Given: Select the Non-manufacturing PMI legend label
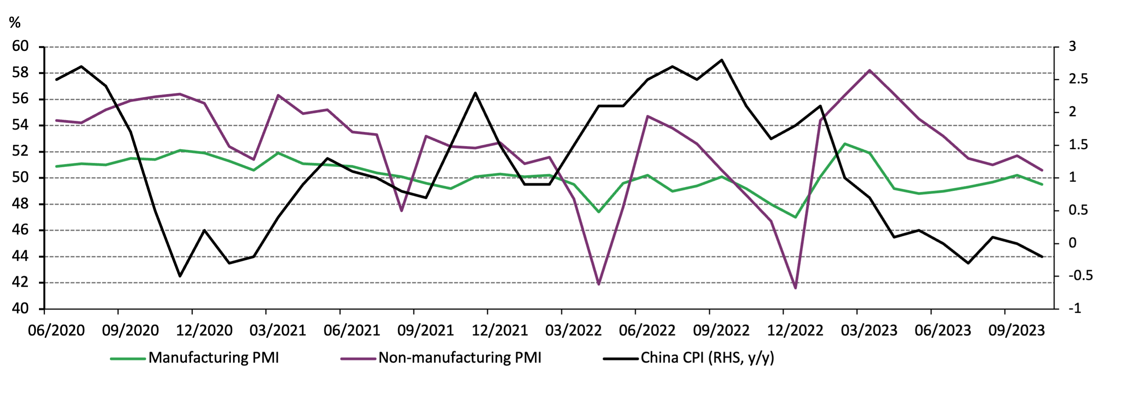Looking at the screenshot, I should [460, 357].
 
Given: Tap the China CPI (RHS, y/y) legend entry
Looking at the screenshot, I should [707, 357].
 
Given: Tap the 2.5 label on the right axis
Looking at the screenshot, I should [1078, 79].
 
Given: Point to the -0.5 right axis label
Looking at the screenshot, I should [1081, 276].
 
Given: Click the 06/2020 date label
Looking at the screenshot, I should [56, 330].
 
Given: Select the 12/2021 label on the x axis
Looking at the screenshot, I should [500, 330].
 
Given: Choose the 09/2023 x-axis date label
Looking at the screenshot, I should [1017, 330].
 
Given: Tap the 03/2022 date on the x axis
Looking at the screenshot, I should [573, 330].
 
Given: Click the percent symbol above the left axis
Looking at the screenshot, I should [15, 23].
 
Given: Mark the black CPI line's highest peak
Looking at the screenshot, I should [721, 60].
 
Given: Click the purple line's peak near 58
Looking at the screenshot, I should [869, 70].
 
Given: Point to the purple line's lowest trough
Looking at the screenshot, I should [796, 288].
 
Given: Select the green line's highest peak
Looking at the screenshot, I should [845, 144].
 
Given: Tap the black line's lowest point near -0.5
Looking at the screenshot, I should [180, 276].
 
